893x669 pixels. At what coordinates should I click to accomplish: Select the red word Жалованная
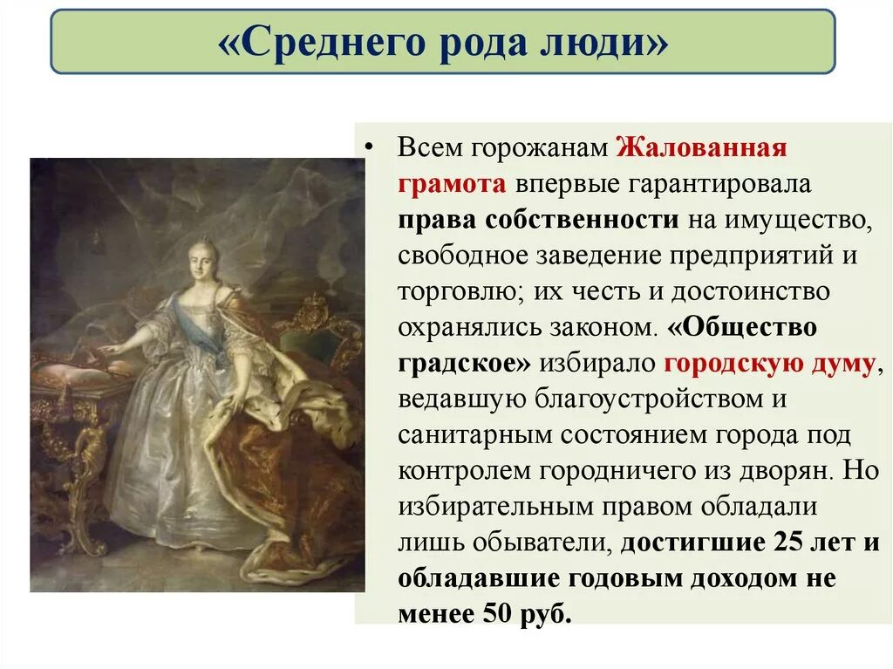pyautogui.click(x=703, y=147)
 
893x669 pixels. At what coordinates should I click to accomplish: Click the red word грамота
pyautogui.click(x=452, y=184)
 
